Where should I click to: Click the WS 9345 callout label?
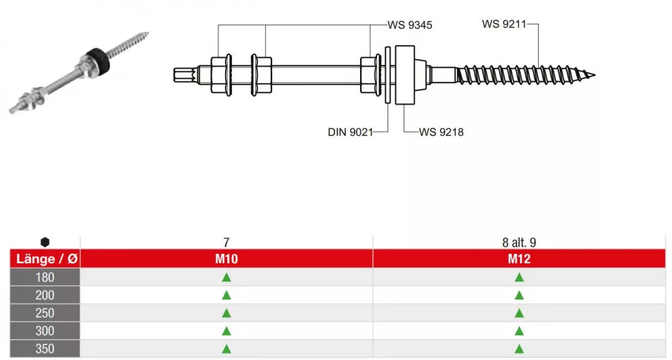click(x=410, y=25)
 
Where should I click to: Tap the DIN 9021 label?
click(x=350, y=132)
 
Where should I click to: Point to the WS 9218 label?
click(x=442, y=132)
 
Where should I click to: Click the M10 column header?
click(x=226, y=259)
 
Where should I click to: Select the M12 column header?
click(x=519, y=259)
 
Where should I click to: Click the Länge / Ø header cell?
click(x=44, y=259)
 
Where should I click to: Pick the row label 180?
click(x=44, y=277)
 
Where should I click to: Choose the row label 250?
click(x=44, y=313)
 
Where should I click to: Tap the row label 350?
click(x=44, y=349)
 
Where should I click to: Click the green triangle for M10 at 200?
click(x=226, y=295)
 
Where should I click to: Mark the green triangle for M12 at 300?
click(x=519, y=331)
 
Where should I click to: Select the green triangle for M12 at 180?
click(x=519, y=277)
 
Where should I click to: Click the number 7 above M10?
click(x=226, y=242)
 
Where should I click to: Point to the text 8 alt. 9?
click(x=519, y=242)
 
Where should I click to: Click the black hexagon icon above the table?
click(x=44, y=242)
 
